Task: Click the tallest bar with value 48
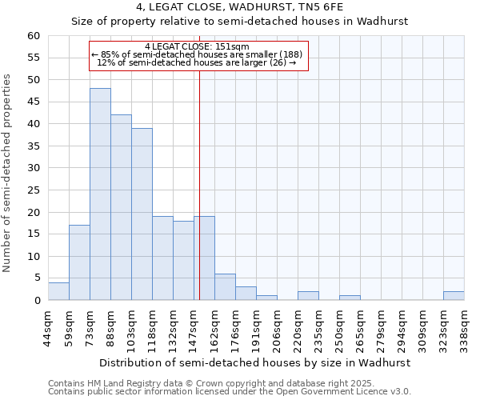click(100, 194)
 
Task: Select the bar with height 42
click(121, 207)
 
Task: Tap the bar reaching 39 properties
click(142, 214)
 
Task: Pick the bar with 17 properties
click(79, 262)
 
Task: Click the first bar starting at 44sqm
click(58, 291)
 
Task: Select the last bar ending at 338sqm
click(454, 296)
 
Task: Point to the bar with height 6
click(225, 287)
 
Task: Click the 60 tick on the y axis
click(34, 36)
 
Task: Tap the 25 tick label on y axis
click(34, 190)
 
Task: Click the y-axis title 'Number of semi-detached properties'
click(8, 173)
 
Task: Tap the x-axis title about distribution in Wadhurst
click(256, 362)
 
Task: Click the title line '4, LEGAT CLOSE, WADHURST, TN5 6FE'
click(240, 8)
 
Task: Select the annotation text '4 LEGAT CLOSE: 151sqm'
click(198, 46)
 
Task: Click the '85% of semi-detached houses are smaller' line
click(198, 54)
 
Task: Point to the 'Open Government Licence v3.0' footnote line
click(230, 392)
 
